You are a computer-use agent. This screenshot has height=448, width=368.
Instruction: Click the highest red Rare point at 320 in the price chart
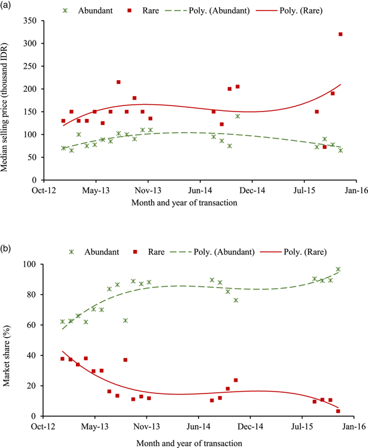pyautogui.click(x=340, y=34)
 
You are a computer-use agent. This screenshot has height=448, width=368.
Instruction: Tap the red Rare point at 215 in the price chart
pyautogui.click(x=118, y=82)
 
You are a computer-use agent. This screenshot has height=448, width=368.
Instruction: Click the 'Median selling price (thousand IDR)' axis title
pyautogui.click(x=8, y=101)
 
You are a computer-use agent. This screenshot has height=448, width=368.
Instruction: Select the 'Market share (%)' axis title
pyautogui.click(x=8, y=340)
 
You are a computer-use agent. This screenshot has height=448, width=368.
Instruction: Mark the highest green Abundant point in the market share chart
pyautogui.click(x=338, y=270)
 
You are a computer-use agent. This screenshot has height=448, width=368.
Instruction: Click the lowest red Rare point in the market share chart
pyautogui.click(x=338, y=411)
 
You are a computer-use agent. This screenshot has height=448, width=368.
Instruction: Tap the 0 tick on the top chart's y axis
pyautogui.click(x=34, y=180)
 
